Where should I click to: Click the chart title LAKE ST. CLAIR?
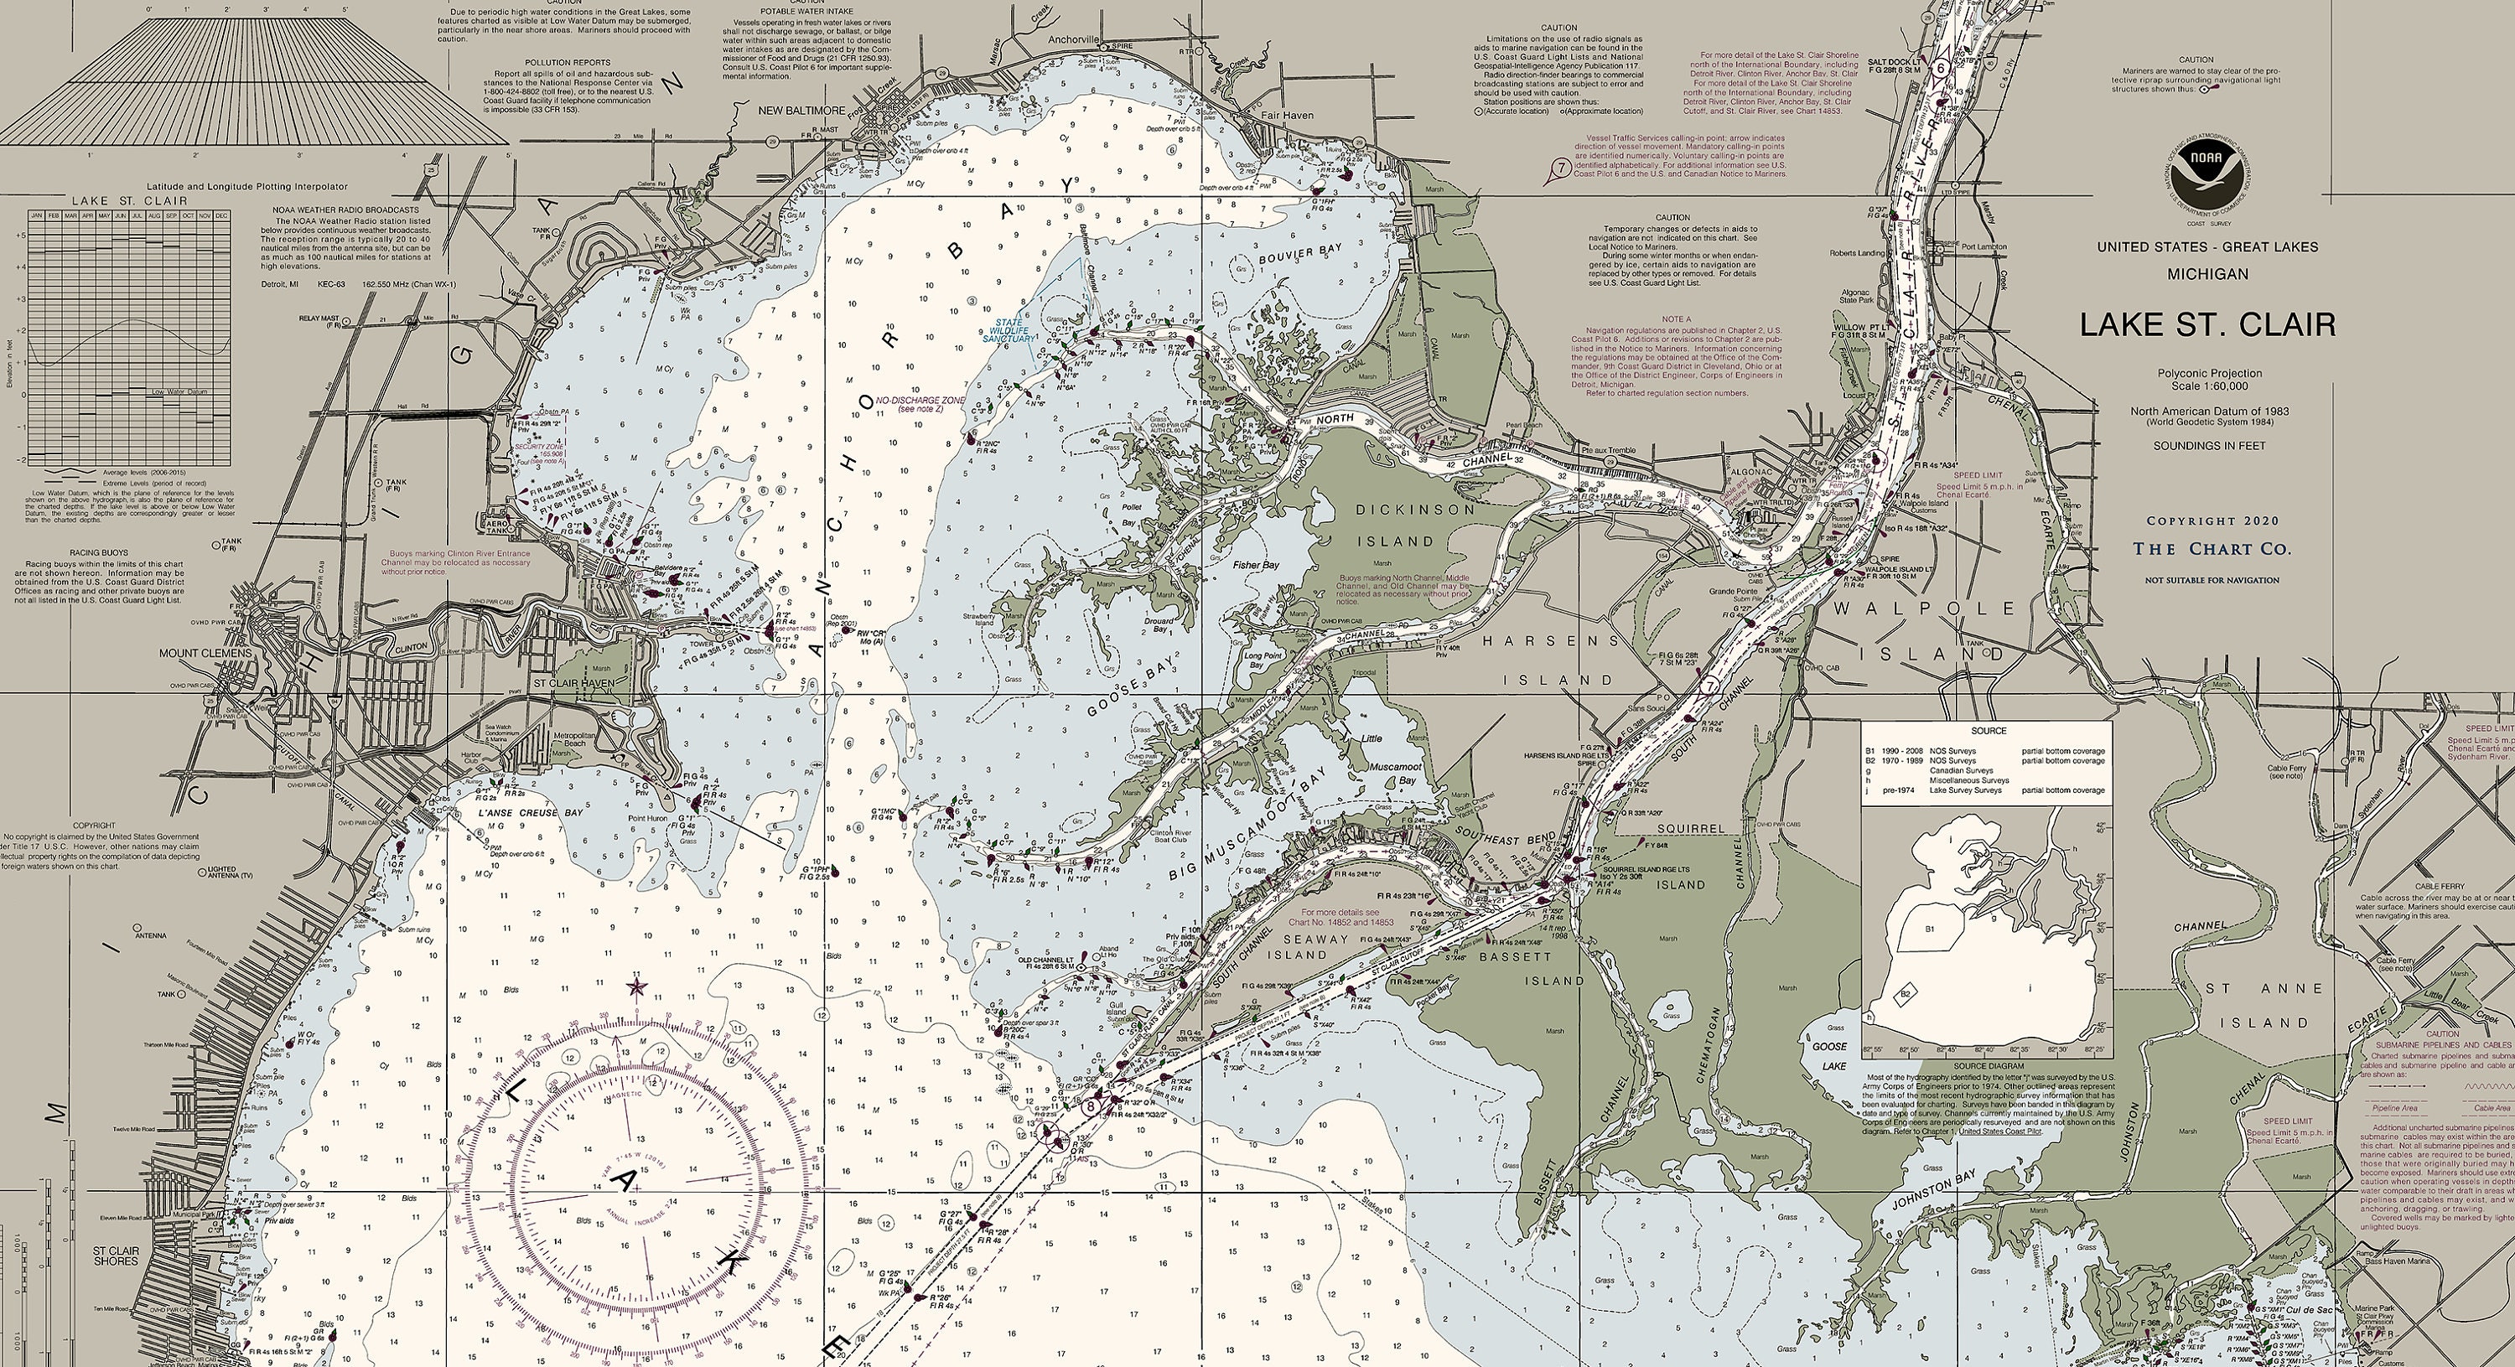point(2207,325)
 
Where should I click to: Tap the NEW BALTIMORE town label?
point(802,111)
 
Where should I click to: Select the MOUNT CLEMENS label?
point(205,653)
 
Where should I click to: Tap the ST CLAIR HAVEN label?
point(573,684)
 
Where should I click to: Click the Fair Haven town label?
point(1287,115)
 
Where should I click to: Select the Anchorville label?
point(1073,40)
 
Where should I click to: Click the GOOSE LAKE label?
point(1828,1055)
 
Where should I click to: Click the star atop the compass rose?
point(636,987)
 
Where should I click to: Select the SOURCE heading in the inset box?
point(1988,730)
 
